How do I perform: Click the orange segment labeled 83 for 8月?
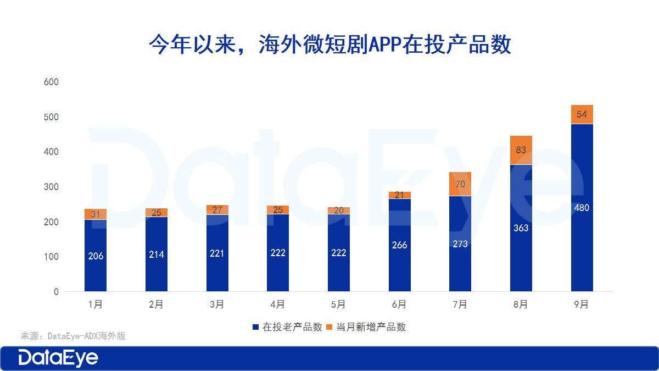pyautogui.click(x=521, y=150)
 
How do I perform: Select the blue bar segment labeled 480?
pyautogui.click(x=582, y=208)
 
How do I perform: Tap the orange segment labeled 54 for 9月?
pyautogui.click(x=582, y=114)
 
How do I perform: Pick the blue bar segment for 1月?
pyautogui.click(x=96, y=256)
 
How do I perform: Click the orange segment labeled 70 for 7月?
pyautogui.click(x=460, y=184)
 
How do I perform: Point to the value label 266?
pyautogui.click(x=399, y=245)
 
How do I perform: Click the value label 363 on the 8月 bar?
pyautogui.click(x=521, y=228)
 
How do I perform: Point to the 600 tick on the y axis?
pyautogui.click(x=51, y=82)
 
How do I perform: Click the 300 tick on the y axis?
pyautogui.click(x=51, y=187)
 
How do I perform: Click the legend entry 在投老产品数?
pyautogui.click(x=287, y=327)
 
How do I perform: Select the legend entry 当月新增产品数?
pyautogui.click(x=366, y=327)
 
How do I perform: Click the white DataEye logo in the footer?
pyautogui.click(x=58, y=358)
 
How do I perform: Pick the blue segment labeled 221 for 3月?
pyautogui.click(x=217, y=253)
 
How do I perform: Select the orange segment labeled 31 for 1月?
pyautogui.click(x=96, y=214)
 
